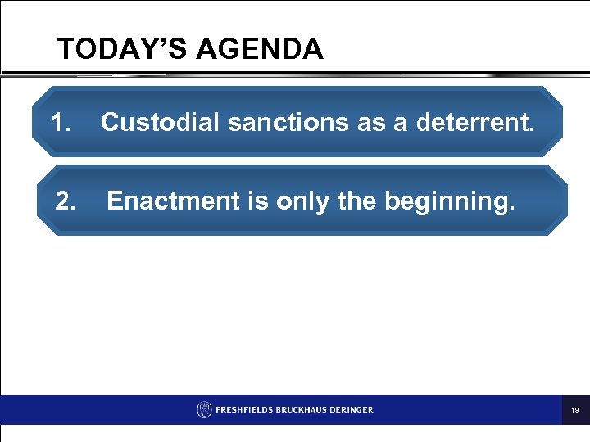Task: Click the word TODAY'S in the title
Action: point(110,50)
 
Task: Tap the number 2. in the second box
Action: point(66,201)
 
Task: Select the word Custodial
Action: point(161,123)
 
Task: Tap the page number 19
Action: point(575,409)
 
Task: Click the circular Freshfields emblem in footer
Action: point(204,409)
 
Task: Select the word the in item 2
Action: point(356,201)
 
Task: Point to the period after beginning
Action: point(513,208)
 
